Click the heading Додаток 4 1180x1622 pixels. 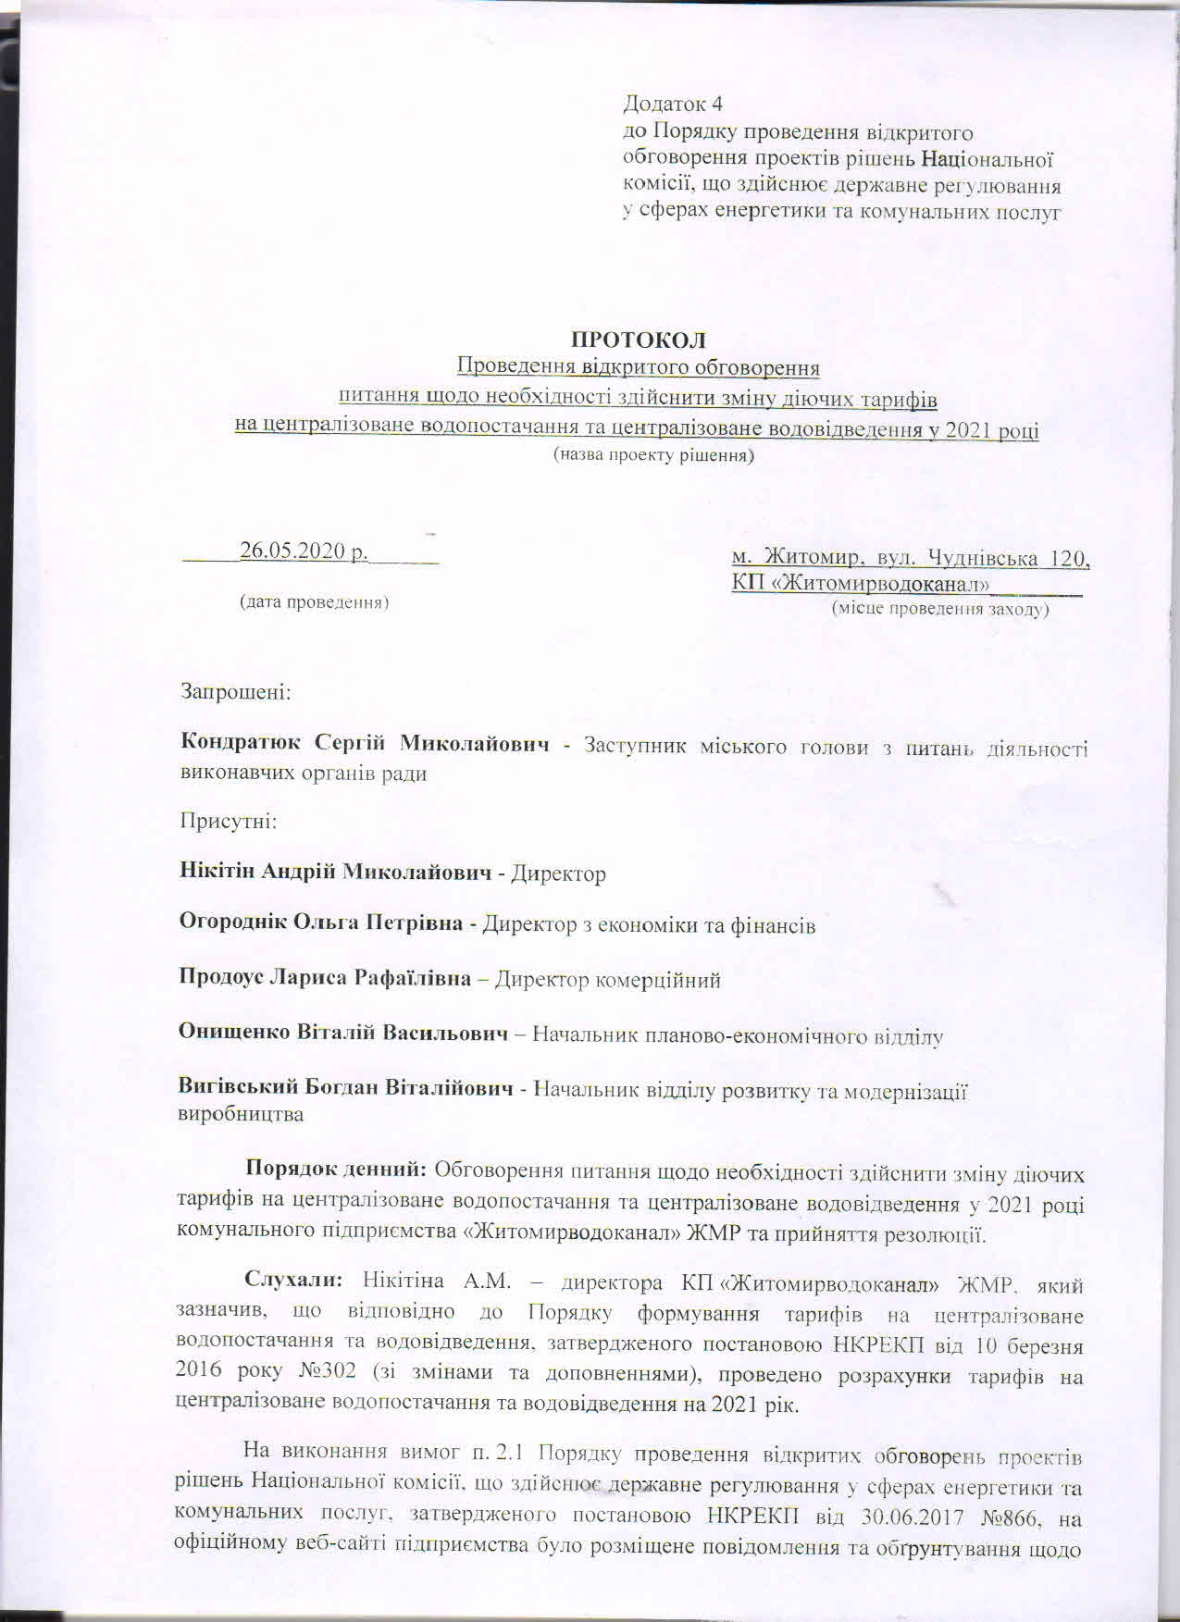[x=679, y=104]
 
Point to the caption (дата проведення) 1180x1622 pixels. [x=314, y=602]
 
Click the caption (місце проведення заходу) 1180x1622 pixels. [x=940, y=610]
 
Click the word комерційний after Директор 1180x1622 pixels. [x=664, y=980]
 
